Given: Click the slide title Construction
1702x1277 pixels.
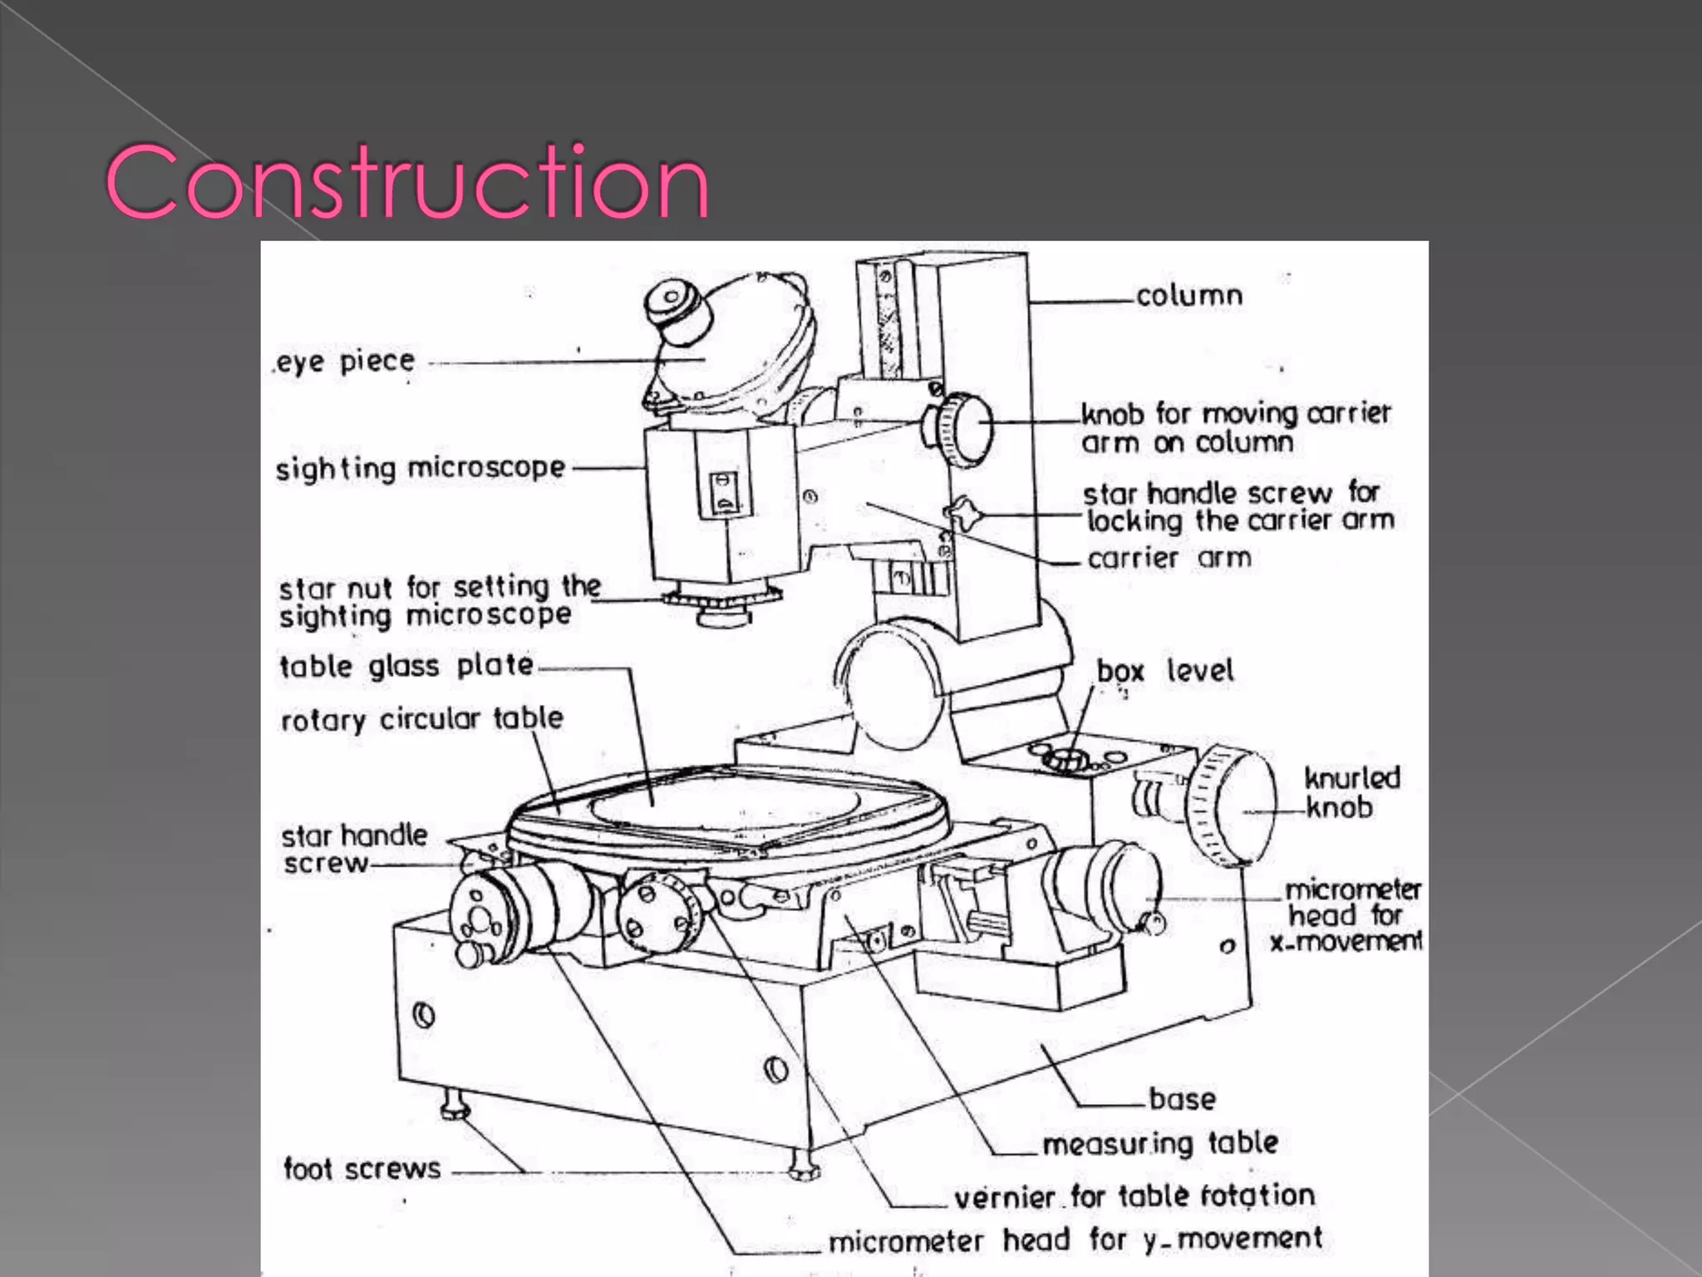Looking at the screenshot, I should [407, 181].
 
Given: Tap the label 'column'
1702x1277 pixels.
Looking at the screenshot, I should [1189, 296].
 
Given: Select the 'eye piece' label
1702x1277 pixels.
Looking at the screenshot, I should [345, 362].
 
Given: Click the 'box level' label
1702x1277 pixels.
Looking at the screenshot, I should [1164, 671].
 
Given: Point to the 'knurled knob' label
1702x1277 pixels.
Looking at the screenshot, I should [1351, 792].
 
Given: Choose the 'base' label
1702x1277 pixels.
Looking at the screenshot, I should [1182, 1099].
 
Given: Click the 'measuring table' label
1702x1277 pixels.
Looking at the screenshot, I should [1160, 1143].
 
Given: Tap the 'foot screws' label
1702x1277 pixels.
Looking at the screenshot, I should [362, 1169].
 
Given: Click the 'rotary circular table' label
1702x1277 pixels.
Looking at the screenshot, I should [422, 719].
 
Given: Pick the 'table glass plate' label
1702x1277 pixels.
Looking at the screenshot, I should [406, 666].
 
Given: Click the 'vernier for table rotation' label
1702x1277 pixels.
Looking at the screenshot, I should [1134, 1196].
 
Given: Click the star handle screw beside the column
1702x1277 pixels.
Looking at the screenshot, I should [964, 515].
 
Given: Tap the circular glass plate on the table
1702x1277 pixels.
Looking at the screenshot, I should [724, 801].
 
